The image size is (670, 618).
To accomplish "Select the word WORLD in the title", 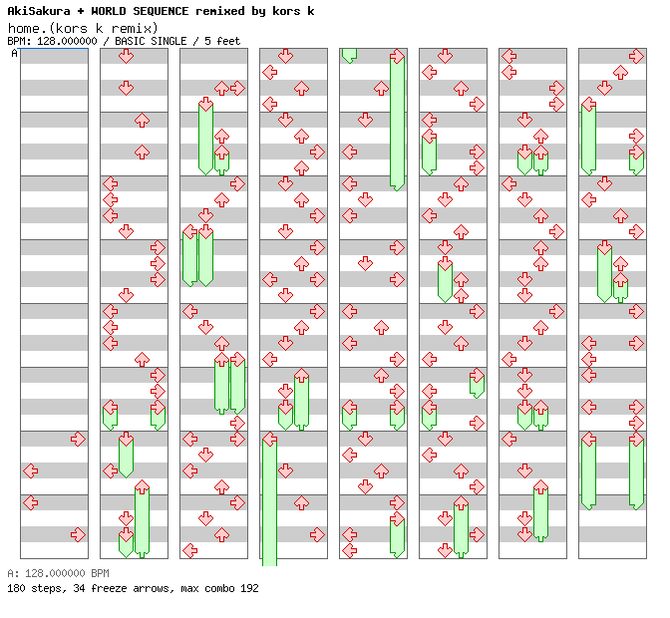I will pyautogui.click(x=108, y=11).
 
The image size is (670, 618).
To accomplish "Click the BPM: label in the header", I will pyautogui.click(x=18, y=42).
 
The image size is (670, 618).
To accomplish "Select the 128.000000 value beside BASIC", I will pyautogui.click(x=66, y=42).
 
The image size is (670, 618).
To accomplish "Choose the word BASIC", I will pyautogui.click(x=131, y=42).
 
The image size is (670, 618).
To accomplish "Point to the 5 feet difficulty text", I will pyautogui.click(x=222, y=42).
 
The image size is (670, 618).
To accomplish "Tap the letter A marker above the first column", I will pyautogui.click(x=14, y=54).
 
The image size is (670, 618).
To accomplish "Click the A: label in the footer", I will pyautogui.click(x=12, y=574).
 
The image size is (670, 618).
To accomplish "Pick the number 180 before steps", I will pyautogui.click(x=16, y=589).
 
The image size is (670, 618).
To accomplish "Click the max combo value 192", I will pyautogui.click(x=249, y=589).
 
